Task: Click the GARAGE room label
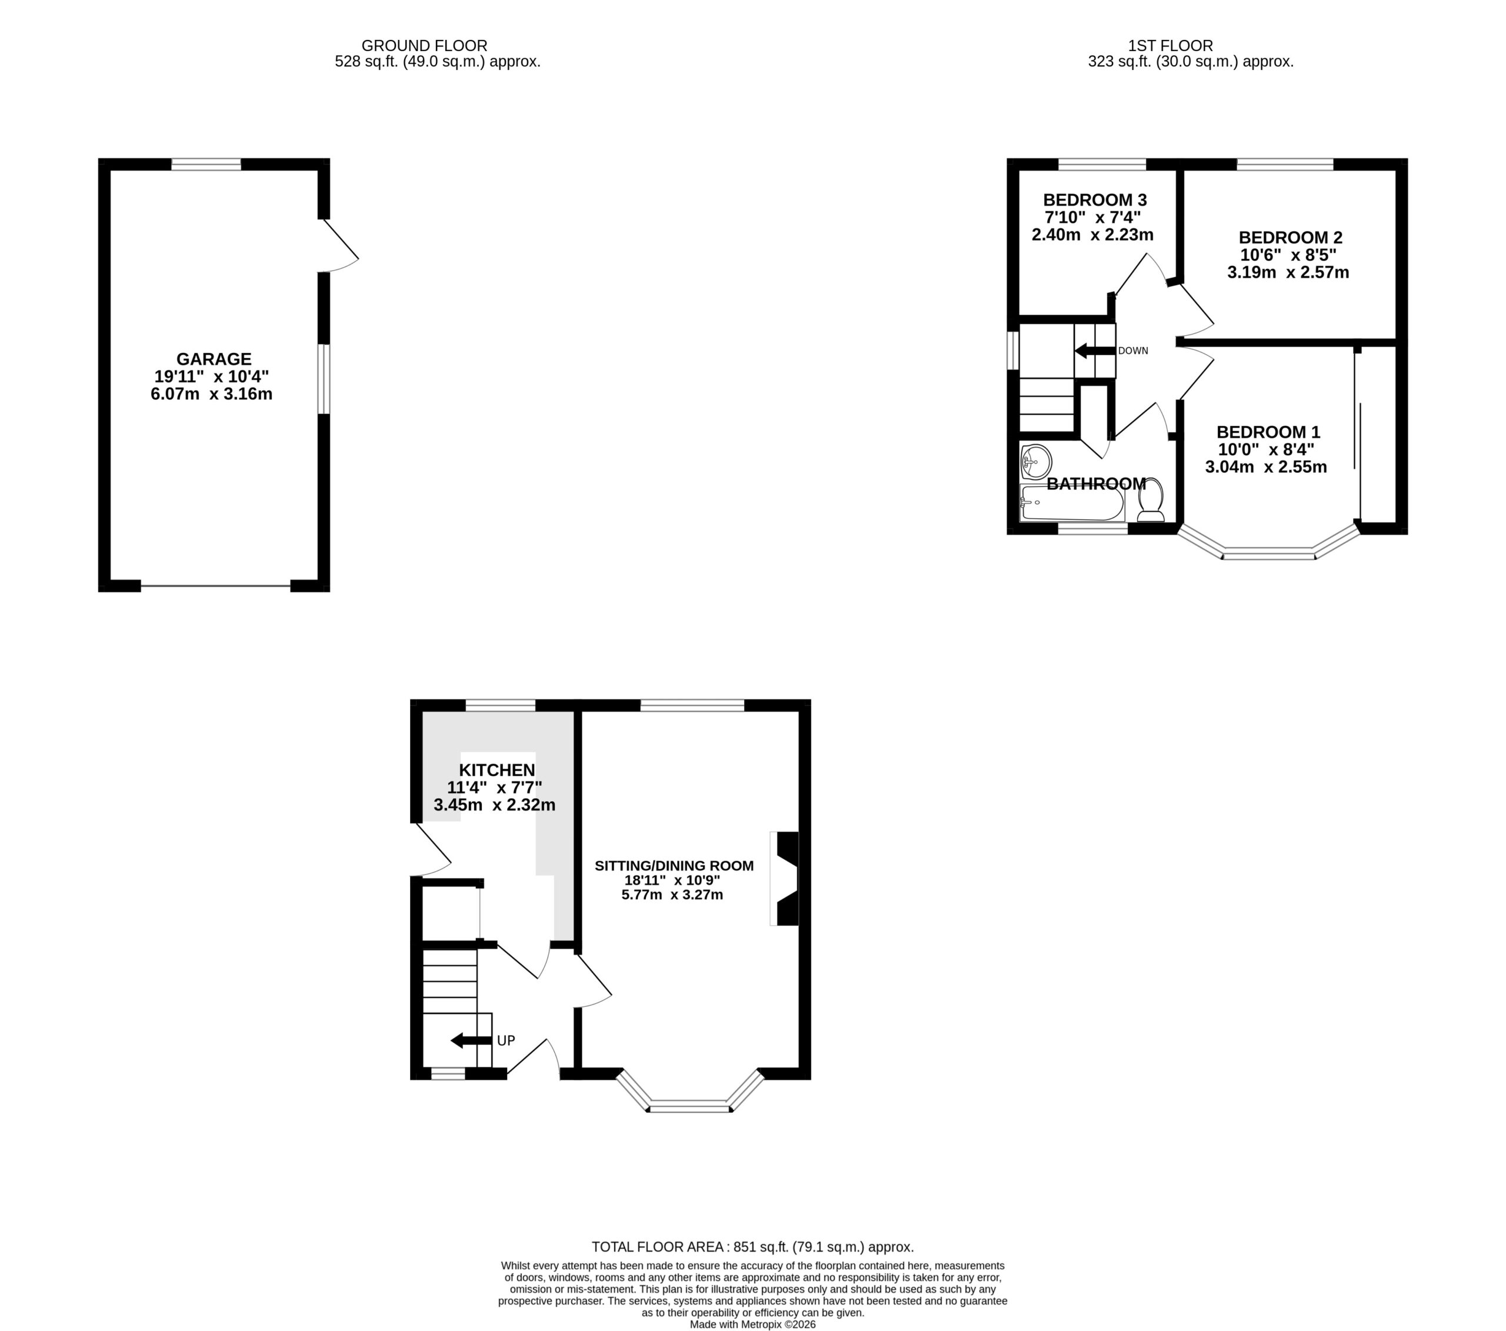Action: click(x=214, y=359)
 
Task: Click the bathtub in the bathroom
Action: click(x=1072, y=503)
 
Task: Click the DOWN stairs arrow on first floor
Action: click(x=1094, y=351)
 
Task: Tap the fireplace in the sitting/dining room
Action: click(x=785, y=879)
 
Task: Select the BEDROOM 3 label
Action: click(x=1095, y=199)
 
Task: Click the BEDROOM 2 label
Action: click(x=1290, y=237)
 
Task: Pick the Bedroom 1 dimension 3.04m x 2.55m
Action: click(x=1266, y=466)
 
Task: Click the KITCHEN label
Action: click(x=497, y=770)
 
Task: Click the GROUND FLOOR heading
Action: click(x=424, y=46)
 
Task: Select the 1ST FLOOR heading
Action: click(x=1170, y=46)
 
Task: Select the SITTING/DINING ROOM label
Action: click(x=674, y=866)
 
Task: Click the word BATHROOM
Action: click(x=1097, y=484)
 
